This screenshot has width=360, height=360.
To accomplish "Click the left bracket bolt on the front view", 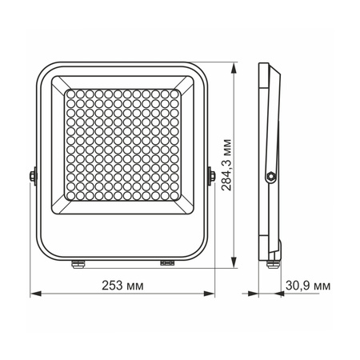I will (x=33, y=174).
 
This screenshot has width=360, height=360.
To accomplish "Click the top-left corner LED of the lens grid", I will (x=70, y=94).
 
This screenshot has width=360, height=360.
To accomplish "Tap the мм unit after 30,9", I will (x=321, y=286).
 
